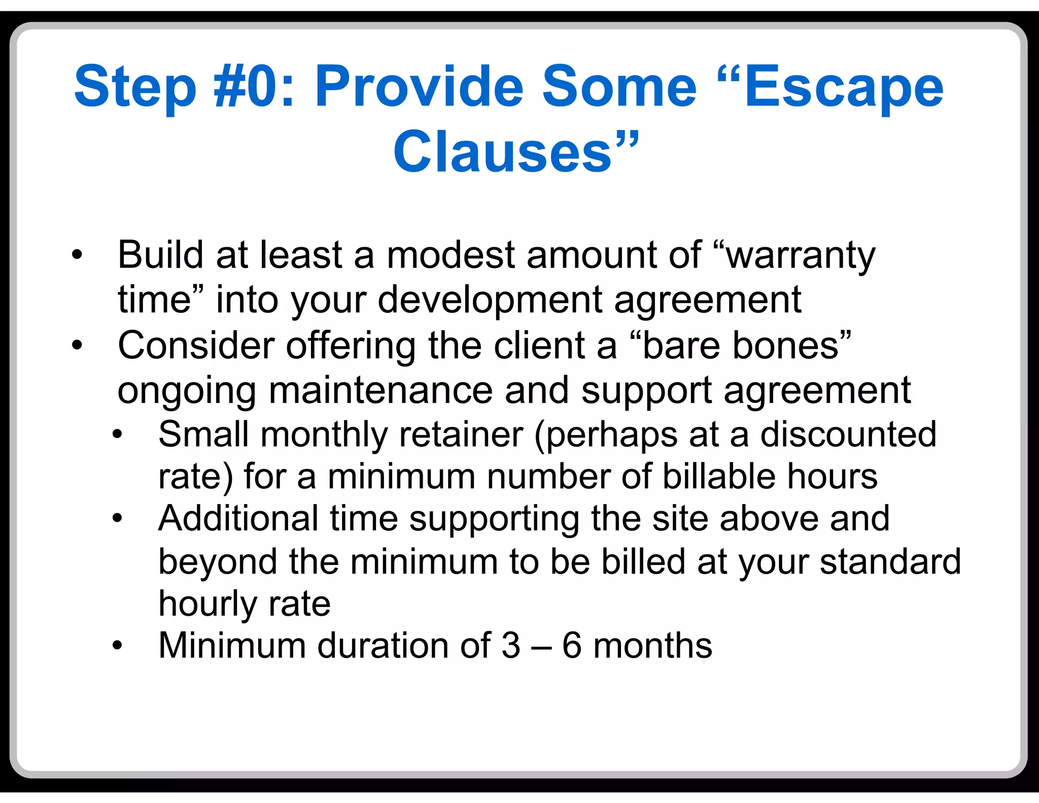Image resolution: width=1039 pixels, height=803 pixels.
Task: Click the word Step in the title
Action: [x=135, y=88]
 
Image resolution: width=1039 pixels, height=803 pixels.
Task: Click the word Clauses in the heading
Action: [x=502, y=151]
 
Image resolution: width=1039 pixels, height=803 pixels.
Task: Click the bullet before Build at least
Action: [x=77, y=255]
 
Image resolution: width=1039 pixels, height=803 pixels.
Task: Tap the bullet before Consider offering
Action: [x=77, y=346]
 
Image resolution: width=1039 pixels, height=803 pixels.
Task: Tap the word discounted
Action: [x=848, y=434]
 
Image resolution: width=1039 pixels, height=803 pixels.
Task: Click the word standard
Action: [x=890, y=561]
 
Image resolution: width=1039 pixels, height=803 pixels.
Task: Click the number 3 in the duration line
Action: [x=511, y=646]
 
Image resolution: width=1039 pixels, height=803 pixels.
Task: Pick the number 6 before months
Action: [x=572, y=646]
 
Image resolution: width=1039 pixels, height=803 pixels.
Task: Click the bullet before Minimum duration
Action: [x=118, y=646]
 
